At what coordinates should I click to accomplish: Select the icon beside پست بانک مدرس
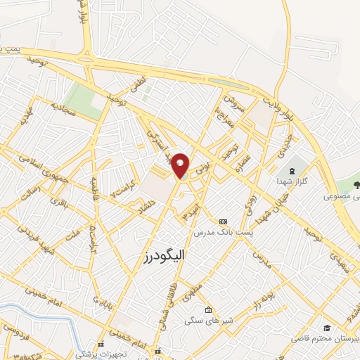pos(224,221)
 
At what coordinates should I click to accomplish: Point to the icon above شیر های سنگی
pos(208,310)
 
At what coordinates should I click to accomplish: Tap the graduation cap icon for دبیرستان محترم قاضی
pos(327,328)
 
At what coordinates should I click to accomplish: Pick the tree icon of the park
pos(356,185)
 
